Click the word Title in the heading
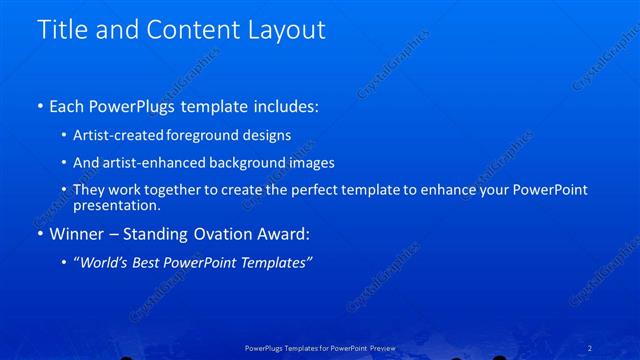(62, 30)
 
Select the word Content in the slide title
(191, 30)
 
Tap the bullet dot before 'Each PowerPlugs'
(39, 105)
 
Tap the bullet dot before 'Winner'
(39, 235)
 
